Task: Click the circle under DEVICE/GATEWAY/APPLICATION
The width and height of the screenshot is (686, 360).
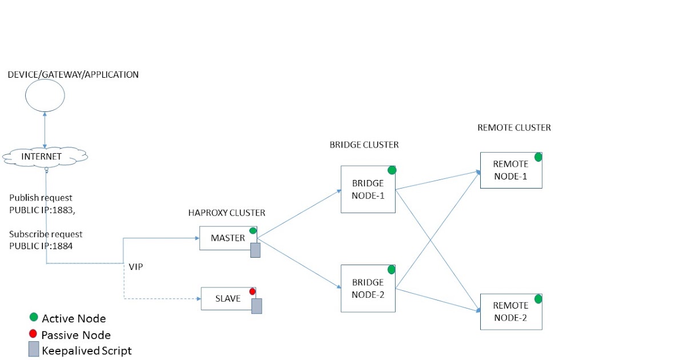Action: click(45, 95)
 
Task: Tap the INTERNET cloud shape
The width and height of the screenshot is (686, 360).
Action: click(45, 156)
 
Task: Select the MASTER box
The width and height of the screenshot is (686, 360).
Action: click(228, 238)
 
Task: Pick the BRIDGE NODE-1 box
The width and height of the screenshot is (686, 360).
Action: click(368, 189)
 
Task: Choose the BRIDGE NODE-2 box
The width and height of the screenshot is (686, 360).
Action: click(368, 288)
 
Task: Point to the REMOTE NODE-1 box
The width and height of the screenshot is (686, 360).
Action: click(510, 170)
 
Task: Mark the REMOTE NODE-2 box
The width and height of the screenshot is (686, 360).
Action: click(510, 311)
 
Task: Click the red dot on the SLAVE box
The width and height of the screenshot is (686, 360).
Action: click(252, 291)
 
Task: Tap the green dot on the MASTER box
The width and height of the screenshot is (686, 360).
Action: click(253, 231)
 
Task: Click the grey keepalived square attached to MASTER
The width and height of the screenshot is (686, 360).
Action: click(255, 250)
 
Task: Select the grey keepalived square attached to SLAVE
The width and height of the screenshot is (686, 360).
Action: click(257, 306)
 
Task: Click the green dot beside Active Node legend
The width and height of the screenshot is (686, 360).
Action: click(34, 317)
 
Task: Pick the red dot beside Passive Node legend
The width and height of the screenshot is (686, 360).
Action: click(33, 334)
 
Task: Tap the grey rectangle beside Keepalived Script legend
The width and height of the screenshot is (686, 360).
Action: click(34, 349)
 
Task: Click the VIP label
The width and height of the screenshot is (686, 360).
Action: click(135, 267)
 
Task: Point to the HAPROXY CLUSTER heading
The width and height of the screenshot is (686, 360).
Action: click(226, 213)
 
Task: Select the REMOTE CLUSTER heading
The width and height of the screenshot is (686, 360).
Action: click(514, 128)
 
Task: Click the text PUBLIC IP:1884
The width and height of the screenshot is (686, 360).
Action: click(41, 246)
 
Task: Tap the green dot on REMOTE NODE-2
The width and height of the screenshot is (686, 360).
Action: click(538, 299)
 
